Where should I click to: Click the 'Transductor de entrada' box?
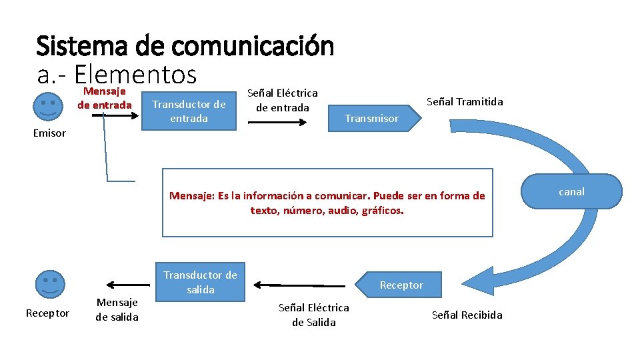[x=189, y=111]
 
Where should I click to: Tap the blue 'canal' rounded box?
[x=571, y=192]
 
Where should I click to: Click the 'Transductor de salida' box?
[x=201, y=281]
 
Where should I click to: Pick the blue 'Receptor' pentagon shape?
[x=399, y=285]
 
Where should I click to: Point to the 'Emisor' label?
[x=49, y=133]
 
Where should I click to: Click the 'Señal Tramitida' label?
[x=465, y=101]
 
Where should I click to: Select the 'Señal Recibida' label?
[x=467, y=315]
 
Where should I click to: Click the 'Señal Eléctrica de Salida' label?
[x=313, y=315]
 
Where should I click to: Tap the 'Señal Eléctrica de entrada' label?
[x=283, y=100]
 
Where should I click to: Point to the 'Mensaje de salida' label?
[x=117, y=309]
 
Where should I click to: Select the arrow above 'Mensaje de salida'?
[x=122, y=283]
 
